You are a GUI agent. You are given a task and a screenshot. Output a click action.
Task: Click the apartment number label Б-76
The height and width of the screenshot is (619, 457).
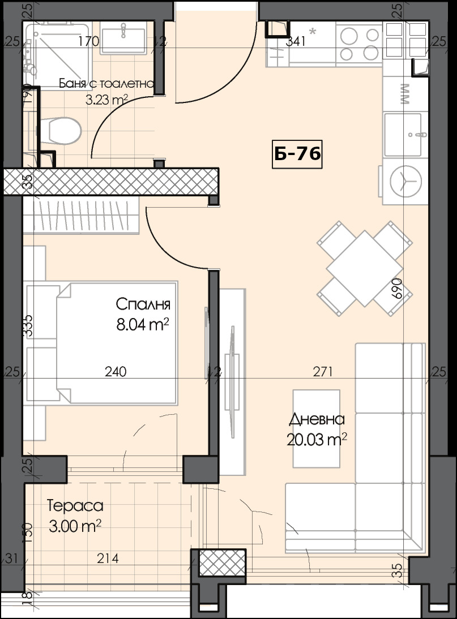coord(297,154)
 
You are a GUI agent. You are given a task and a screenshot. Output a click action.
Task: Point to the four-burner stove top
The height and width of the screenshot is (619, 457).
coord(358,42)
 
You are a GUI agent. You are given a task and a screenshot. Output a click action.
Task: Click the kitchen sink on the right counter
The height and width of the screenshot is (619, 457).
coord(403,134)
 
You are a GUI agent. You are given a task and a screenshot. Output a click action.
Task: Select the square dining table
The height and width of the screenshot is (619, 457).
coord(364,268)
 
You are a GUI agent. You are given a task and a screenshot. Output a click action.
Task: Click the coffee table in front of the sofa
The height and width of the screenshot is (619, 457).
coord(316,428)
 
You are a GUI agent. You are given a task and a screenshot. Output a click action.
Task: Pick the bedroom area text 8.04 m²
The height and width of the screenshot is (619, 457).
coord(143,325)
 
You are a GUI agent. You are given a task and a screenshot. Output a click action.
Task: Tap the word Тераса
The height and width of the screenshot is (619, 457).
coord(75,506)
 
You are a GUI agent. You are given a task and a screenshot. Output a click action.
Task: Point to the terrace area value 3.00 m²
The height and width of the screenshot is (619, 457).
coord(75,527)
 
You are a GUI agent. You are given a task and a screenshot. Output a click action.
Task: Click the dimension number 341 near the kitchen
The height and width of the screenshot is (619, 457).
coord(296,41)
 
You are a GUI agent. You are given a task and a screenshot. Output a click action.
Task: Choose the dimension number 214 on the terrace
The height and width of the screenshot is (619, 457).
coord(108,559)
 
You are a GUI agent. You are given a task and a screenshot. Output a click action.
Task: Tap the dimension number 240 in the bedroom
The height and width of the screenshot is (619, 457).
coord(116,372)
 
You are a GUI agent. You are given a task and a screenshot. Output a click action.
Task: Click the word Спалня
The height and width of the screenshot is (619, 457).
coord(143,304)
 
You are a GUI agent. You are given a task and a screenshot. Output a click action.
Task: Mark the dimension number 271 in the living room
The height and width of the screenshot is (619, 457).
coord(323,372)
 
